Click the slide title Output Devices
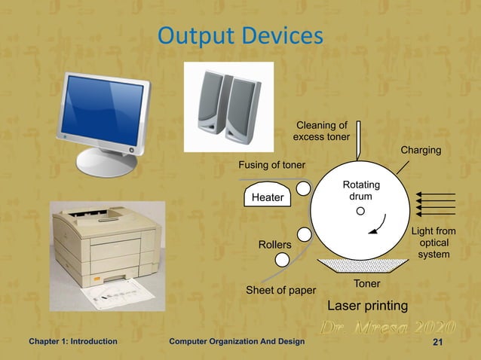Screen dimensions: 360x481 click(x=240, y=35)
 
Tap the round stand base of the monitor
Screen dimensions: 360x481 click(x=106, y=161)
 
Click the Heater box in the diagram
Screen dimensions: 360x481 click(x=267, y=197)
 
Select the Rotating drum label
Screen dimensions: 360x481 click(x=361, y=191)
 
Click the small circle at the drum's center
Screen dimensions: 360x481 click(x=360, y=211)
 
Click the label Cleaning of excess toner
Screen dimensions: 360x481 click(x=321, y=131)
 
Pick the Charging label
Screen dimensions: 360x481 click(x=420, y=151)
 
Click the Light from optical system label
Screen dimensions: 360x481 click(x=434, y=243)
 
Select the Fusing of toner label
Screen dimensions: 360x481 click(x=271, y=165)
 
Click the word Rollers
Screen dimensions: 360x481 click(x=274, y=246)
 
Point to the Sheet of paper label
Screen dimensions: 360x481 click(x=281, y=291)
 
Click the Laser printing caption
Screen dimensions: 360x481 click(x=367, y=306)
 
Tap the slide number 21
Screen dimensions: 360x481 click(x=436, y=342)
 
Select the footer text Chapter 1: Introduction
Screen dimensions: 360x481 click(x=72, y=342)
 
